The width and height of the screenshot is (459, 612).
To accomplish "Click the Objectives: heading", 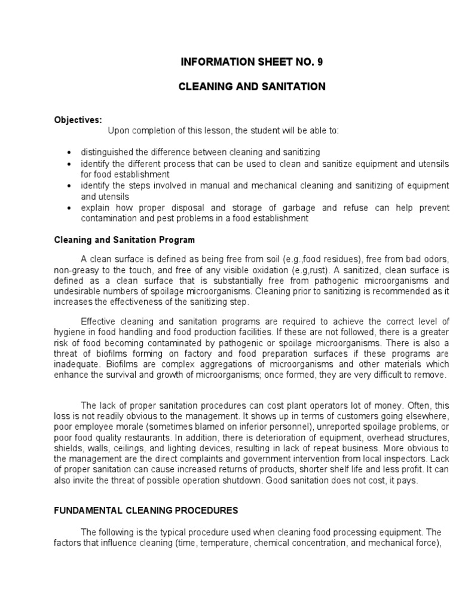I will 78,120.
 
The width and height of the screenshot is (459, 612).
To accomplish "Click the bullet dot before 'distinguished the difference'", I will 70,153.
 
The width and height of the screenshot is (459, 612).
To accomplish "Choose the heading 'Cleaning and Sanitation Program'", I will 124,240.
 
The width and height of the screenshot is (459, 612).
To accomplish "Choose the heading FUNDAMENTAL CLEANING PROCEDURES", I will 146,510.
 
